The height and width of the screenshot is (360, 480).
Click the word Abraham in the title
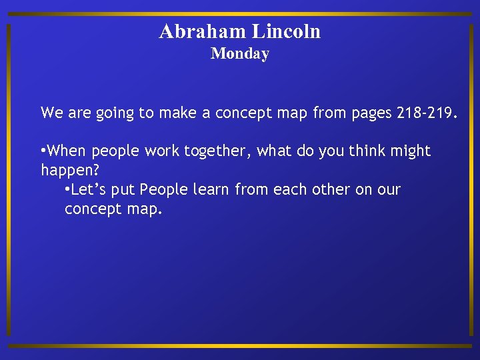pos(203,31)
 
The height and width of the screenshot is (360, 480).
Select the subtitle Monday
pos(239,54)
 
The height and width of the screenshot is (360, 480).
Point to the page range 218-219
pos(427,113)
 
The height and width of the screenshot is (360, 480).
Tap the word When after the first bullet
pos(67,151)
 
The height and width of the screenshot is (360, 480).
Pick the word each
pos(286,190)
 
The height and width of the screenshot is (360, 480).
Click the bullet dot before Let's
pos(67,191)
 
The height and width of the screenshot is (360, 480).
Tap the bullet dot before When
pos(44,152)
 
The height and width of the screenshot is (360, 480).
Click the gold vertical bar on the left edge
pos(8,180)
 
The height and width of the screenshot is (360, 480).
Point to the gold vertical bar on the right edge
pos(472,180)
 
